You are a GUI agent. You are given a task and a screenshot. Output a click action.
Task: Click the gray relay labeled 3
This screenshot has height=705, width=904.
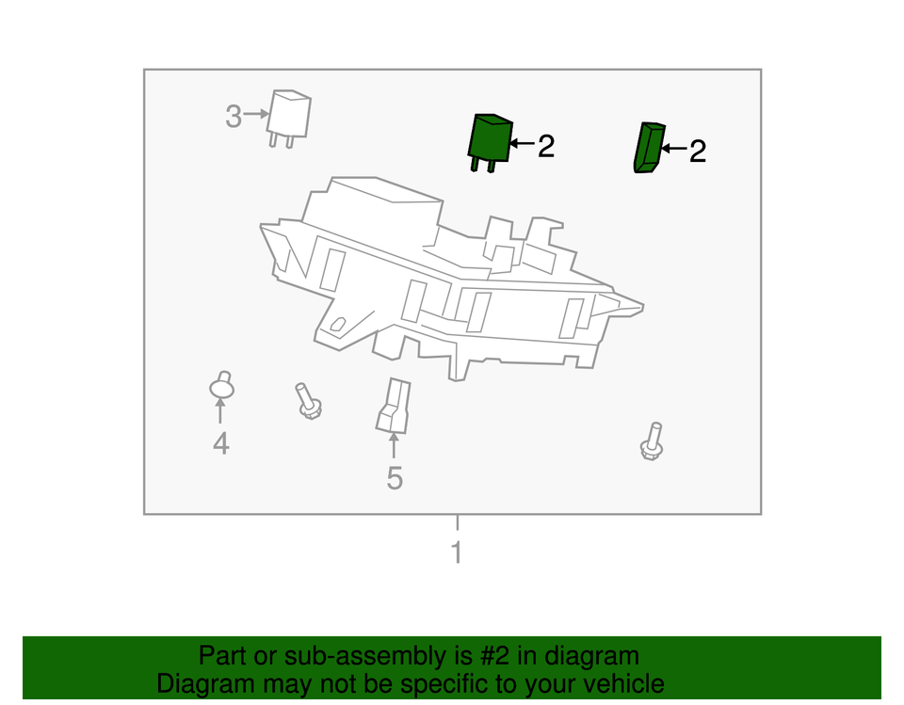point(288,116)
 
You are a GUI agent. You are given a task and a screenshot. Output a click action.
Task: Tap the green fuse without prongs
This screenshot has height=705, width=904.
point(647,148)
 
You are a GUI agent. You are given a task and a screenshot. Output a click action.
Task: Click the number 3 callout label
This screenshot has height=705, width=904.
point(234,118)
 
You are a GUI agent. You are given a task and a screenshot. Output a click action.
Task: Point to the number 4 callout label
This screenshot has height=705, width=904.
point(220,442)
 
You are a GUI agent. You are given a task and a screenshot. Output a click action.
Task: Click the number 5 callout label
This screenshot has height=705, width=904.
point(395,478)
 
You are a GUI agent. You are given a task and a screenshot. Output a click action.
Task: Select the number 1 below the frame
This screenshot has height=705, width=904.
point(457,553)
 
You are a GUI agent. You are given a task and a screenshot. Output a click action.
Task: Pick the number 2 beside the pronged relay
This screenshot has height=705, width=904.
point(546,146)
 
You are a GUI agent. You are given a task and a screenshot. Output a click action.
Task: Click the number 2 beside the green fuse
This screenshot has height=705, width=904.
point(697,151)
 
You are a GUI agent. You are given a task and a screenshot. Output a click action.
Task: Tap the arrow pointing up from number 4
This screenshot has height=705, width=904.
point(220,411)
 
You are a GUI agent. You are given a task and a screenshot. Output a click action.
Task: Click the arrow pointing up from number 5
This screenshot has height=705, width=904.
point(395,446)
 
